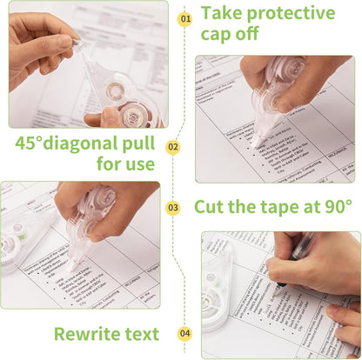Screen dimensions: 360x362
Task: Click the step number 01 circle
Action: [x=184, y=18]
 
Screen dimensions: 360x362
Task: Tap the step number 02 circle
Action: [x=173, y=148]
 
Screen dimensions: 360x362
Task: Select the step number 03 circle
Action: [x=173, y=208]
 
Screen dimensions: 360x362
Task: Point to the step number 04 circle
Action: [x=184, y=333]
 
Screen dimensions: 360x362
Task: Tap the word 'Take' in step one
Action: [x=221, y=13]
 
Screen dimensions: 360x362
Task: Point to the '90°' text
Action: [x=335, y=207]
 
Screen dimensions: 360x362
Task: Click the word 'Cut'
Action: [x=211, y=207]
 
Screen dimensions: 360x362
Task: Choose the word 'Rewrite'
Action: [x=89, y=334]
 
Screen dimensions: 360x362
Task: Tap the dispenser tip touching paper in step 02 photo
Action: [x=254, y=141]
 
